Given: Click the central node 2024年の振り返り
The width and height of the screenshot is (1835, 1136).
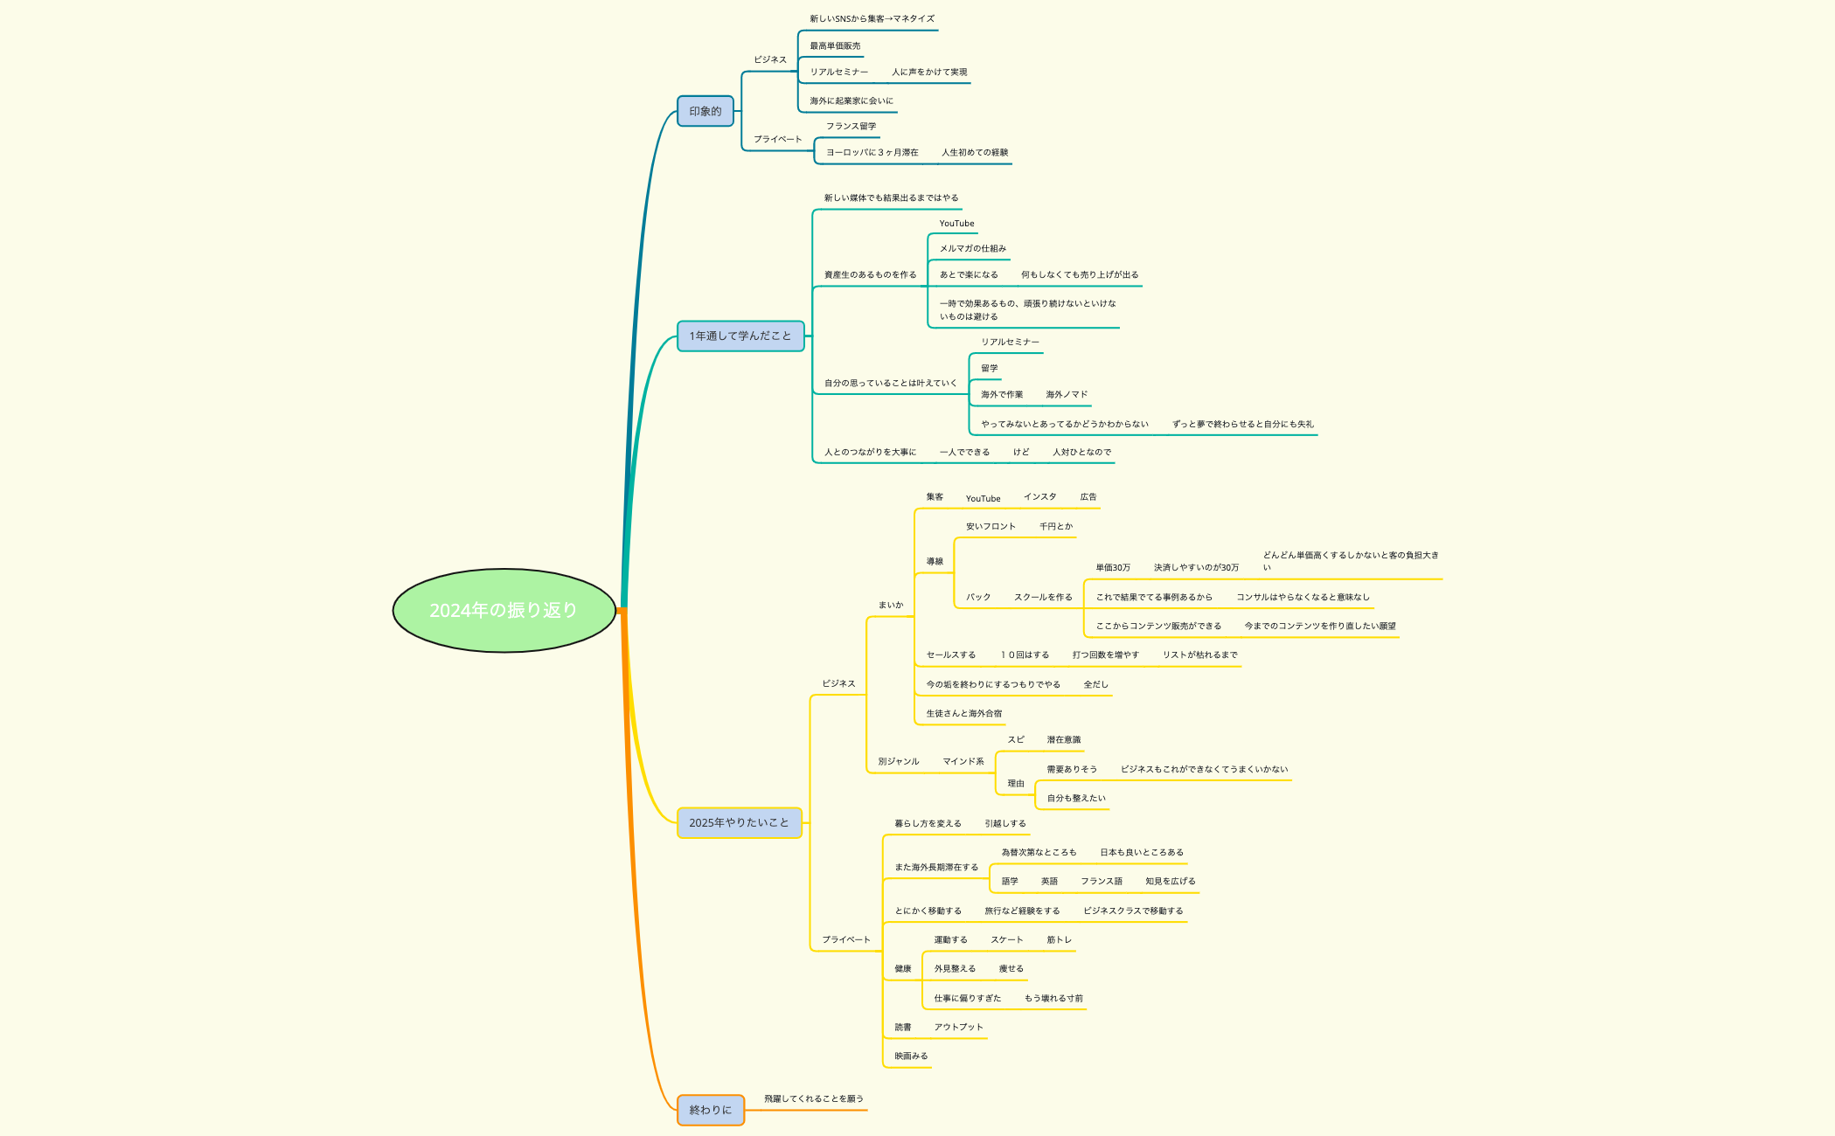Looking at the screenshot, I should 504,610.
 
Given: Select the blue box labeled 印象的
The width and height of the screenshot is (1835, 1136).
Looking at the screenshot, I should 705,111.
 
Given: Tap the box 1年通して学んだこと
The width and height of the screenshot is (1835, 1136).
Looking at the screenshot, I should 740,336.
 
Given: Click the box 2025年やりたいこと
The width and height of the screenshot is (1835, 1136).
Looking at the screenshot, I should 739,822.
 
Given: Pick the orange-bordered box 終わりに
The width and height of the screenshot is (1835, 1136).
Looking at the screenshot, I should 710,1110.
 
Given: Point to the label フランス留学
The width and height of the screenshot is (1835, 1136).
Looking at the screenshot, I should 851,126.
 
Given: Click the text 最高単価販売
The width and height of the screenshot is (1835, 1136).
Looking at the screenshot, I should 834,45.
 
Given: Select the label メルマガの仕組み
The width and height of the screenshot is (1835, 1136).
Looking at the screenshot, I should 972,248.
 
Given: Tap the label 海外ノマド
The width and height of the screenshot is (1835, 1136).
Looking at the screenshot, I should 1067,394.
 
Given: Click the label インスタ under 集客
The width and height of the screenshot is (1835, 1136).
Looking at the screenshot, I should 1039,496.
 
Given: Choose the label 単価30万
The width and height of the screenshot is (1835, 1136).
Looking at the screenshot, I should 1113,567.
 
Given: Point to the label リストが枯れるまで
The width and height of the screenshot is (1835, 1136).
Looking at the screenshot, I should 1199,655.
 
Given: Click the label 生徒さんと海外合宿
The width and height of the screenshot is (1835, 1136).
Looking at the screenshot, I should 964,713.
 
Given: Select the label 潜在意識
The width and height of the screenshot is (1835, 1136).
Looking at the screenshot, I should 1063,739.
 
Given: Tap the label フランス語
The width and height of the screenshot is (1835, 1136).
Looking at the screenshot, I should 1101,881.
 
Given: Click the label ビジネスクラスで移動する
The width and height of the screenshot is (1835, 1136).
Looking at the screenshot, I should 1133,911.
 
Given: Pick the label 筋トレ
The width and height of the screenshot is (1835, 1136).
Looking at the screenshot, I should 1059,939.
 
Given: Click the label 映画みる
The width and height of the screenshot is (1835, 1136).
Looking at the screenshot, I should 911,1056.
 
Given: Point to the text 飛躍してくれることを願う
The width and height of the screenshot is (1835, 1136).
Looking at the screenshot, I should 813,1098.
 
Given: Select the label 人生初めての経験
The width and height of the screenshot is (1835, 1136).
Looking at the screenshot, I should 975,152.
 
